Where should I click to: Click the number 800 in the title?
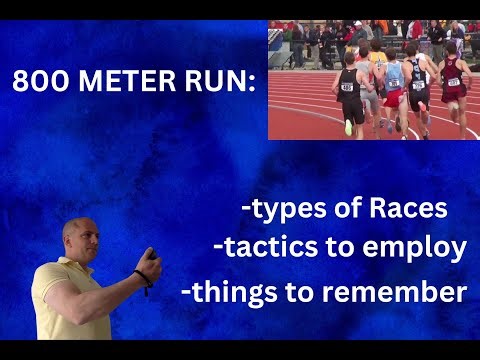click(x=38, y=81)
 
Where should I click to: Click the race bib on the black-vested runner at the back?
click(x=347, y=87)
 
